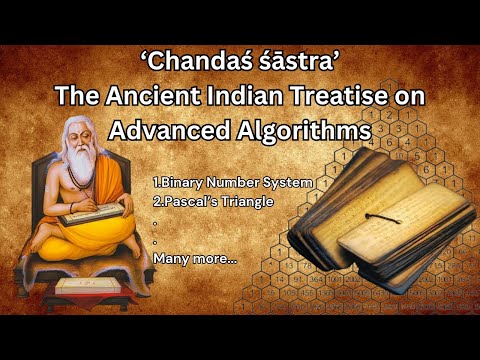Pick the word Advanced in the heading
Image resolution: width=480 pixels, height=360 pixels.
click(163, 130)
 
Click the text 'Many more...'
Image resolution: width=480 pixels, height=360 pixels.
click(195, 258)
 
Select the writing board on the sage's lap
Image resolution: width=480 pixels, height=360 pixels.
click(91, 214)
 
